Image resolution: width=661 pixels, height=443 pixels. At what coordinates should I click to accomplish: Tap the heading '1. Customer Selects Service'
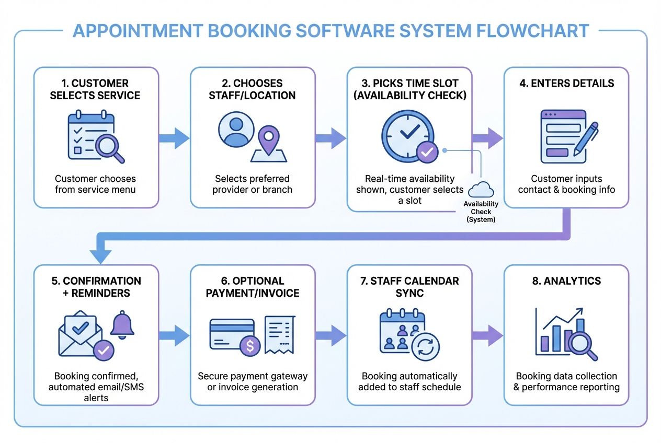click(95, 89)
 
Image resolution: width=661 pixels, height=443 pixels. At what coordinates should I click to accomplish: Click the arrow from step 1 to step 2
click(174, 138)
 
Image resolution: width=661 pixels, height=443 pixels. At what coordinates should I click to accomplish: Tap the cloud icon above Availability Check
click(481, 189)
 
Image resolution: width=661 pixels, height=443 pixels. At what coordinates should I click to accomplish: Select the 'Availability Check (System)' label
click(481, 212)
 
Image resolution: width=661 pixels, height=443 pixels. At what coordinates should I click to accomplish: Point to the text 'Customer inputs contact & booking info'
click(566, 184)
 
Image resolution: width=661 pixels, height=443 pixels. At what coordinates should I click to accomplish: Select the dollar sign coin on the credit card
click(250, 345)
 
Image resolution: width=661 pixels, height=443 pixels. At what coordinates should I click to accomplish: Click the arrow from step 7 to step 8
click(487, 335)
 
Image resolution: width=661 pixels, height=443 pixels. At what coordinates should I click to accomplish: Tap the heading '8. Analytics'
click(566, 281)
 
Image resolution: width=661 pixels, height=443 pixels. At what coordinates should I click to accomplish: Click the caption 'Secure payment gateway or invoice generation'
click(253, 381)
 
